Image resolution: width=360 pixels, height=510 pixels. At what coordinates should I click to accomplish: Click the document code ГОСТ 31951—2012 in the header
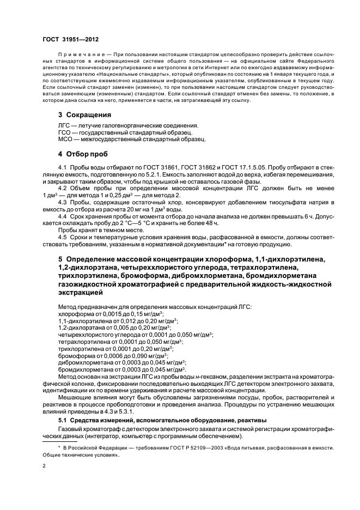(71, 40)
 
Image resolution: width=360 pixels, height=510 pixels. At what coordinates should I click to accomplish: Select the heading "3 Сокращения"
(84, 115)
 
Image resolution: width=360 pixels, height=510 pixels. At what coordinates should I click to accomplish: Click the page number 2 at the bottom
(45, 466)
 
